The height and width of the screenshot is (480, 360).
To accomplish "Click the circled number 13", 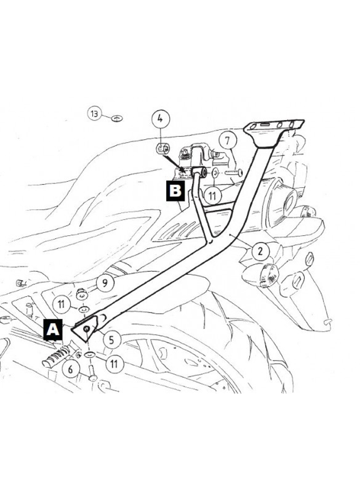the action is tap(94, 114).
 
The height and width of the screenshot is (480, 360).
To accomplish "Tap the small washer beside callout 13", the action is tap(117, 118).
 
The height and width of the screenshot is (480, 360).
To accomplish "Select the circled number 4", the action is tap(161, 119).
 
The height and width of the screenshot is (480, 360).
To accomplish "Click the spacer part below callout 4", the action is tap(162, 149).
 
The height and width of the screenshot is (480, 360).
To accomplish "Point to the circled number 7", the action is tap(227, 141).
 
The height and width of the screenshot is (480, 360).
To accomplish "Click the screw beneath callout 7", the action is tap(234, 173).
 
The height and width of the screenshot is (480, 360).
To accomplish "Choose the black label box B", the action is tap(175, 191).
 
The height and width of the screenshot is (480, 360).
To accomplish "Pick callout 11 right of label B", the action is tap(212, 196).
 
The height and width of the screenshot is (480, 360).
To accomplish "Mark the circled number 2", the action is tap(260, 252).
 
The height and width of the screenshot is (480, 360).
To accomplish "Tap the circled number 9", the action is tap(105, 283).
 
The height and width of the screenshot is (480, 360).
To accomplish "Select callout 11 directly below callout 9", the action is tap(61, 304).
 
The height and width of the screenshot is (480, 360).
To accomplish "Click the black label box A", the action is tap(53, 330).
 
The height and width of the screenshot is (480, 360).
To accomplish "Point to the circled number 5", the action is tap(111, 339).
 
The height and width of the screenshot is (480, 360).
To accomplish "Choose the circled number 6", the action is tap(71, 369).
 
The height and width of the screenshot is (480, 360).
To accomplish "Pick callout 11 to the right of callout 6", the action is tap(114, 364).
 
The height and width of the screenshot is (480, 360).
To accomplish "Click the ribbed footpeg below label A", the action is tap(58, 357).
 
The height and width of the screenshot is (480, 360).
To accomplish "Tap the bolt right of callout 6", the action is tap(93, 374).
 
